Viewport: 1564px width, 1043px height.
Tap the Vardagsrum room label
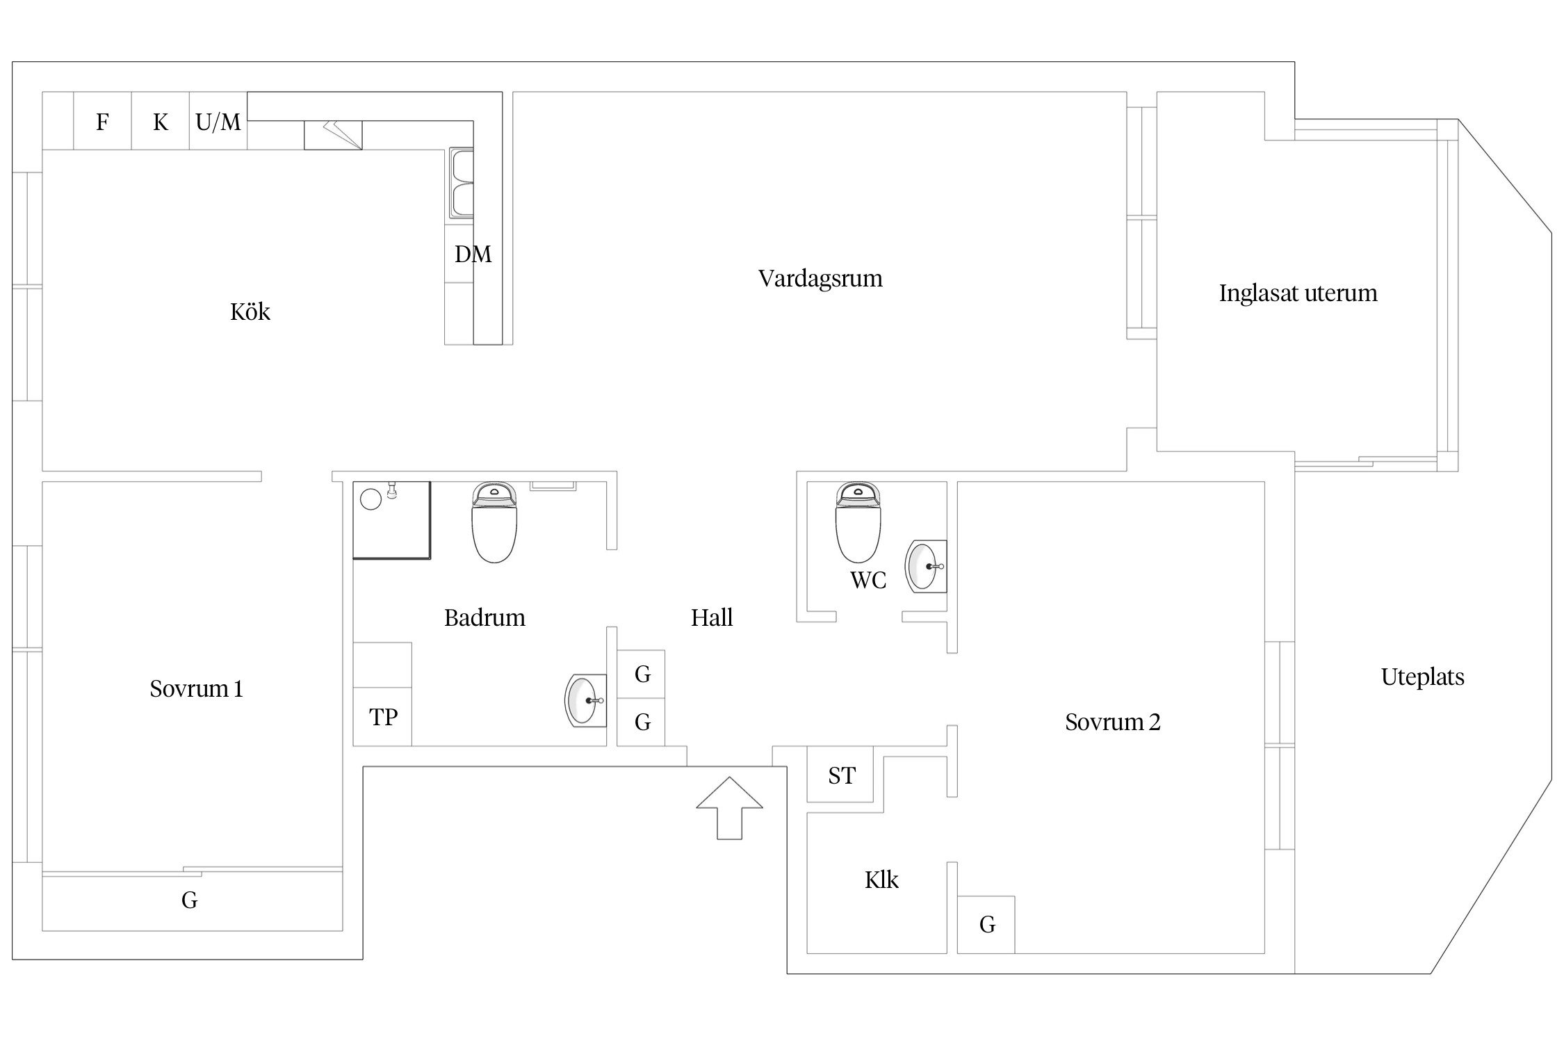tap(820, 279)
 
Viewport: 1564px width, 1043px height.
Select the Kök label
tap(250, 312)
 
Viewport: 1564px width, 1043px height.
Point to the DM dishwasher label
tap(473, 254)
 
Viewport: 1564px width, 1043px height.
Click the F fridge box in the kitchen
tap(102, 122)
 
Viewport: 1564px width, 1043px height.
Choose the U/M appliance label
tap(218, 122)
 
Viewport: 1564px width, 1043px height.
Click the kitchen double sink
tap(461, 182)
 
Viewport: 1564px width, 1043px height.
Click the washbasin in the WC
tap(926, 566)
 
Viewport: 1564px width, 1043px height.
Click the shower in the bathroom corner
tap(391, 519)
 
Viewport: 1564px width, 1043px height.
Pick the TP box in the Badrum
tap(382, 717)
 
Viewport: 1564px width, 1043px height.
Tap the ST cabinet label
tap(841, 776)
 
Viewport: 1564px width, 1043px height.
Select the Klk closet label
tap(881, 880)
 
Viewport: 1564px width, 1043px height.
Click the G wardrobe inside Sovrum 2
tap(986, 925)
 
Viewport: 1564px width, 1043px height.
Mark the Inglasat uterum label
tap(1298, 293)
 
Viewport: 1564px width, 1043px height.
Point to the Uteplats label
tap(1422, 677)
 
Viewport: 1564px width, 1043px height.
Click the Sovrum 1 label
tap(196, 689)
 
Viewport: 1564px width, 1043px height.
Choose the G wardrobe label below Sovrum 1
tap(189, 901)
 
